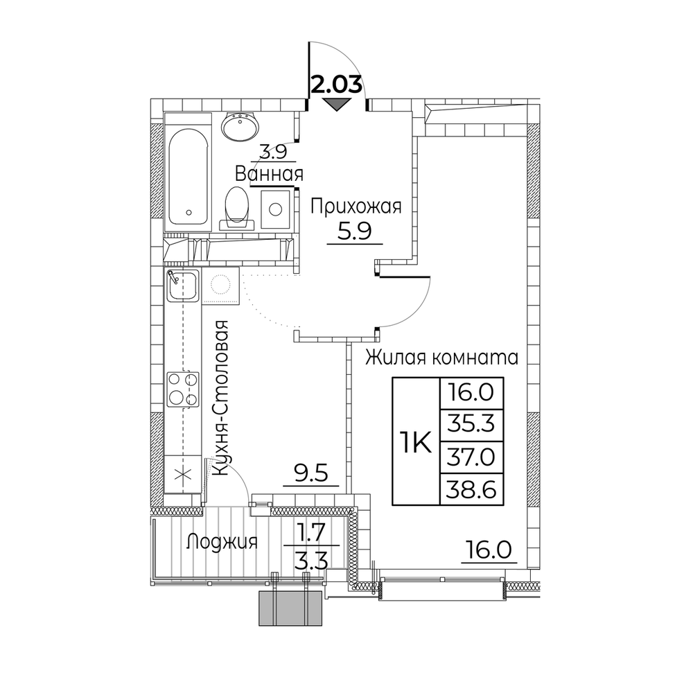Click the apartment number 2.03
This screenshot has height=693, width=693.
(337, 85)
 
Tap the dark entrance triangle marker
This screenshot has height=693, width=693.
(337, 105)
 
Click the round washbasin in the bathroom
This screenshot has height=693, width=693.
(240, 126)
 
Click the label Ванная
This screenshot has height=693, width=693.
(269, 175)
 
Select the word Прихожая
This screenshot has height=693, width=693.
(356, 207)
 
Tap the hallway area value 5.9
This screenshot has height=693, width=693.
(354, 231)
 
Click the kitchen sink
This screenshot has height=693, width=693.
(182, 285)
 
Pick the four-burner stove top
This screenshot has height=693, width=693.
(182, 389)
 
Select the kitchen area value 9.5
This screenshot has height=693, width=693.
(310, 474)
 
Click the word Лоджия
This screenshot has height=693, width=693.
(222, 541)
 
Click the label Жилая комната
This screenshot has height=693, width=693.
(441, 357)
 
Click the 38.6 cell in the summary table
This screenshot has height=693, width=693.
(471, 489)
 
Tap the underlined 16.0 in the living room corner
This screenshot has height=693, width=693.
(489, 551)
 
